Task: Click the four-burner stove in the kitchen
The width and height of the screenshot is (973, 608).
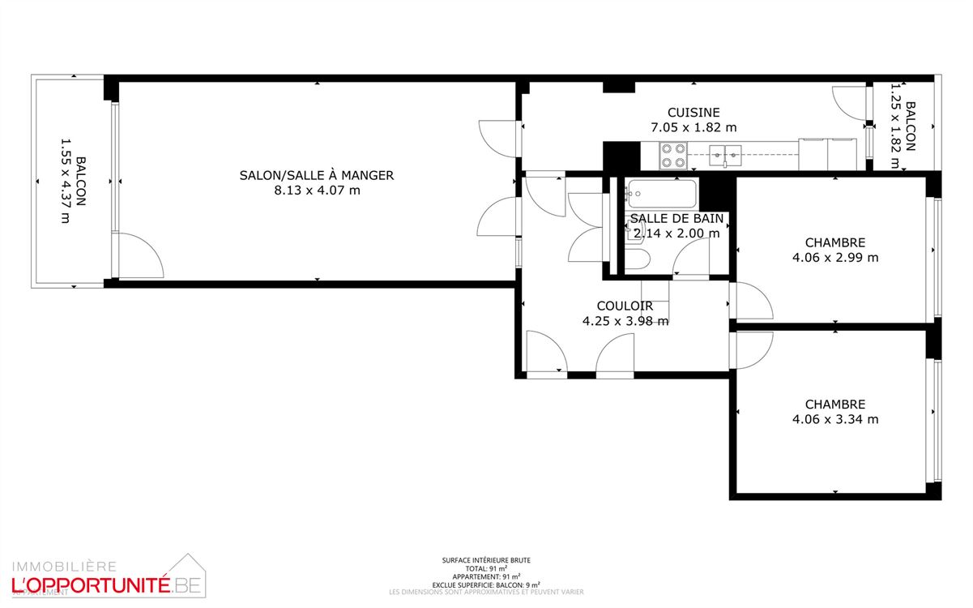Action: click(673, 155)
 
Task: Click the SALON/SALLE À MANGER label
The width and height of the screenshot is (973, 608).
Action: click(316, 175)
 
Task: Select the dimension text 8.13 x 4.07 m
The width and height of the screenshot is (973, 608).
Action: click(316, 191)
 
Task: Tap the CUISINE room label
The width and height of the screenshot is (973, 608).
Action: click(693, 113)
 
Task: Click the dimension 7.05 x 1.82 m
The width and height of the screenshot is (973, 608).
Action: click(693, 127)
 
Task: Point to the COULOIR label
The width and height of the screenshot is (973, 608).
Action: click(625, 306)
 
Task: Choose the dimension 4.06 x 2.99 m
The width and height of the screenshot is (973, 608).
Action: click(834, 258)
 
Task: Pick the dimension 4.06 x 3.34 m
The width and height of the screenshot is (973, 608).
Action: click(834, 419)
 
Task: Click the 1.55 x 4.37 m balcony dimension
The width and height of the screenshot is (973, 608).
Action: click(66, 180)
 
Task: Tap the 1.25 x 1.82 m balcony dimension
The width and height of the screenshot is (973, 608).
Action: click(896, 126)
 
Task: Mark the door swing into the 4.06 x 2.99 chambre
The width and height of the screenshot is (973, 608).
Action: click(752, 302)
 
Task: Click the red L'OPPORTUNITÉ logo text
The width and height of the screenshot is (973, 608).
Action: click(89, 583)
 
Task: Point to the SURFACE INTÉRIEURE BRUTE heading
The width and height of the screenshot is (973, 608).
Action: click(486, 560)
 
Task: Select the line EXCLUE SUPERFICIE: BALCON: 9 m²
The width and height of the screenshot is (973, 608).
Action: click(486, 584)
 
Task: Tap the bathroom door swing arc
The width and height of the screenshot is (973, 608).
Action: click(690, 258)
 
